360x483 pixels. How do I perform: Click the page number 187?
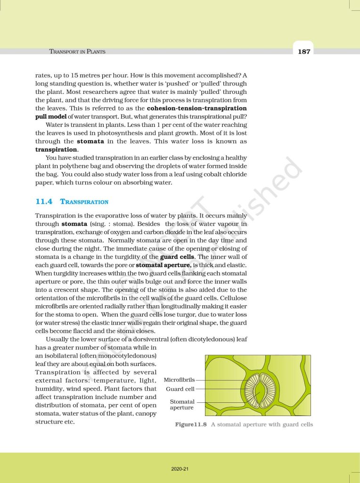click(304, 51)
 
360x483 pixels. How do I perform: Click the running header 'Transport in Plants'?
click(77, 51)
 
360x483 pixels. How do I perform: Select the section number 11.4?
click(43, 201)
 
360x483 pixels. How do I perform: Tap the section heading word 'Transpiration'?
click(84, 202)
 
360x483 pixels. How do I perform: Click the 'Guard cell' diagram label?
click(180, 389)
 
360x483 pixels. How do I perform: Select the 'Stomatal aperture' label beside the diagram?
click(182, 404)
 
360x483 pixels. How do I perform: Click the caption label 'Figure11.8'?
click(191, 425)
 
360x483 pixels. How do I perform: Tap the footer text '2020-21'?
click(180, 469)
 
